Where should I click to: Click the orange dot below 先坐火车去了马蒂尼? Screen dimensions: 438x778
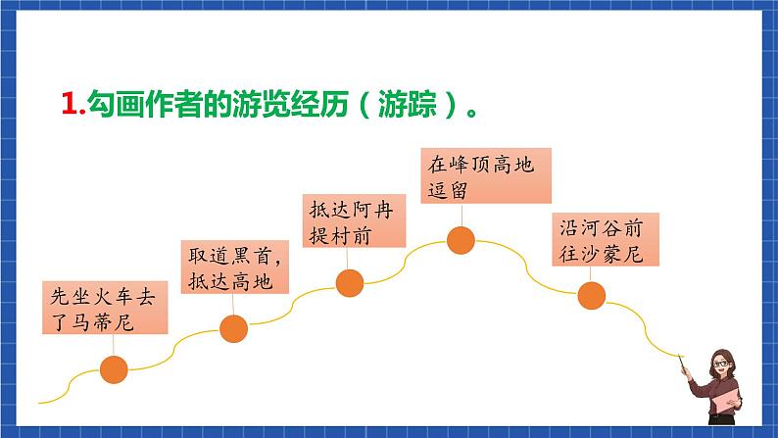(x=115, y=369)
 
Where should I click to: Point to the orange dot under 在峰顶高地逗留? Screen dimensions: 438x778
(x=461, y=239)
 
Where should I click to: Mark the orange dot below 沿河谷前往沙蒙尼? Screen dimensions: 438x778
(x=591, y=294)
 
